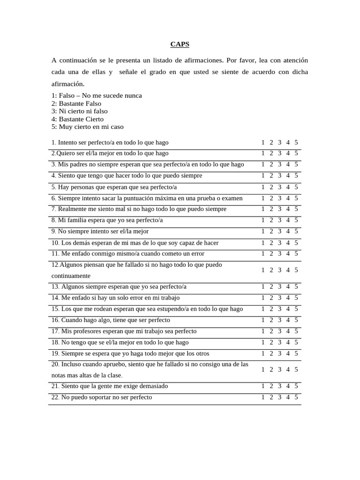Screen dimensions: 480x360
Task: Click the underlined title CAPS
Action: click(x=180, y=45)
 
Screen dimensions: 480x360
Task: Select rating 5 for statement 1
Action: click(x=296, y=142)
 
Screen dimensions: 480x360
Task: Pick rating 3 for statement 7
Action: click(x=279, y=209)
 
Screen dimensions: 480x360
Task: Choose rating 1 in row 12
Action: click(x=263, y=270)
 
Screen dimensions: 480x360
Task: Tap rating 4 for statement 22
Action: click(x=288, y=397)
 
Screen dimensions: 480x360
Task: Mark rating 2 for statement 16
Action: click(x=271, y=320)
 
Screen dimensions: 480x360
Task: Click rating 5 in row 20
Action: click(x=296, y=369)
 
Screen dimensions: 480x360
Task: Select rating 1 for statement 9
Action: click(x=263, y=231)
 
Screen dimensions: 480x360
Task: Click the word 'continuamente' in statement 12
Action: click(x=71, y=276)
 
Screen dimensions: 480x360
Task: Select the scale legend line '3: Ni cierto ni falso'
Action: click(x=79, y=111)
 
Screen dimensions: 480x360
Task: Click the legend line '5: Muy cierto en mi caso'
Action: click(x=88, y=127)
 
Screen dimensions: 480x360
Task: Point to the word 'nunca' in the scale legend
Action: click(x=133, y=96)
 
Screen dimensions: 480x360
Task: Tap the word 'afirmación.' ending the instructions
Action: click(x=68, y=84)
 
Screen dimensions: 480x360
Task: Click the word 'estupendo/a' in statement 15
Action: click(x=177, y=309)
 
